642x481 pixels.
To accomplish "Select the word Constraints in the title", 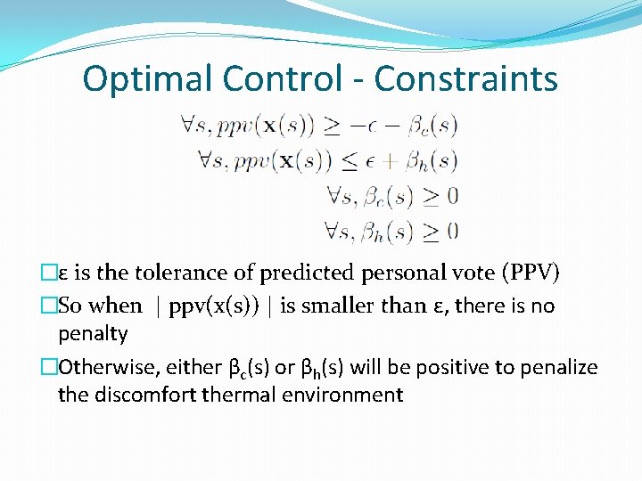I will coord(466,78).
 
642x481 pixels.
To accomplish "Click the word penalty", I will coord(93,334).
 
